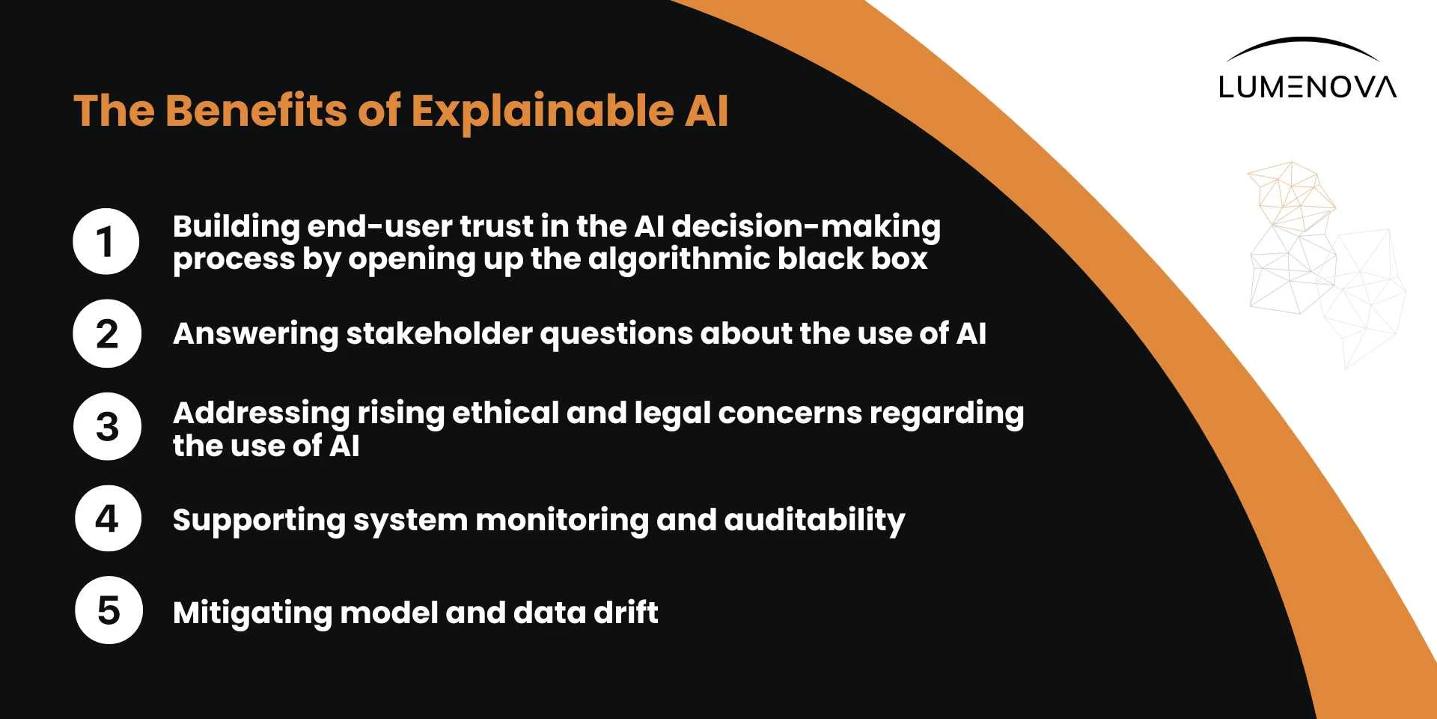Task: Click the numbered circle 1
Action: [106, 241]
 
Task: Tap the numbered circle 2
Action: [107, 333]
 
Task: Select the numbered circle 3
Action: [107, 426]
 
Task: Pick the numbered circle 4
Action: [108, 518]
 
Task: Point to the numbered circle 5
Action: [109, 610]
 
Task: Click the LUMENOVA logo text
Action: [1307, 87]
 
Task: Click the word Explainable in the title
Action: [543, 111]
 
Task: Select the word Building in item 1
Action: [237, 227]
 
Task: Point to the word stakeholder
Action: [439, 333]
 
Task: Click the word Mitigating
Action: [252, 613]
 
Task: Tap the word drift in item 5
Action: [626, 612]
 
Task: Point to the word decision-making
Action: [806, 227]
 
